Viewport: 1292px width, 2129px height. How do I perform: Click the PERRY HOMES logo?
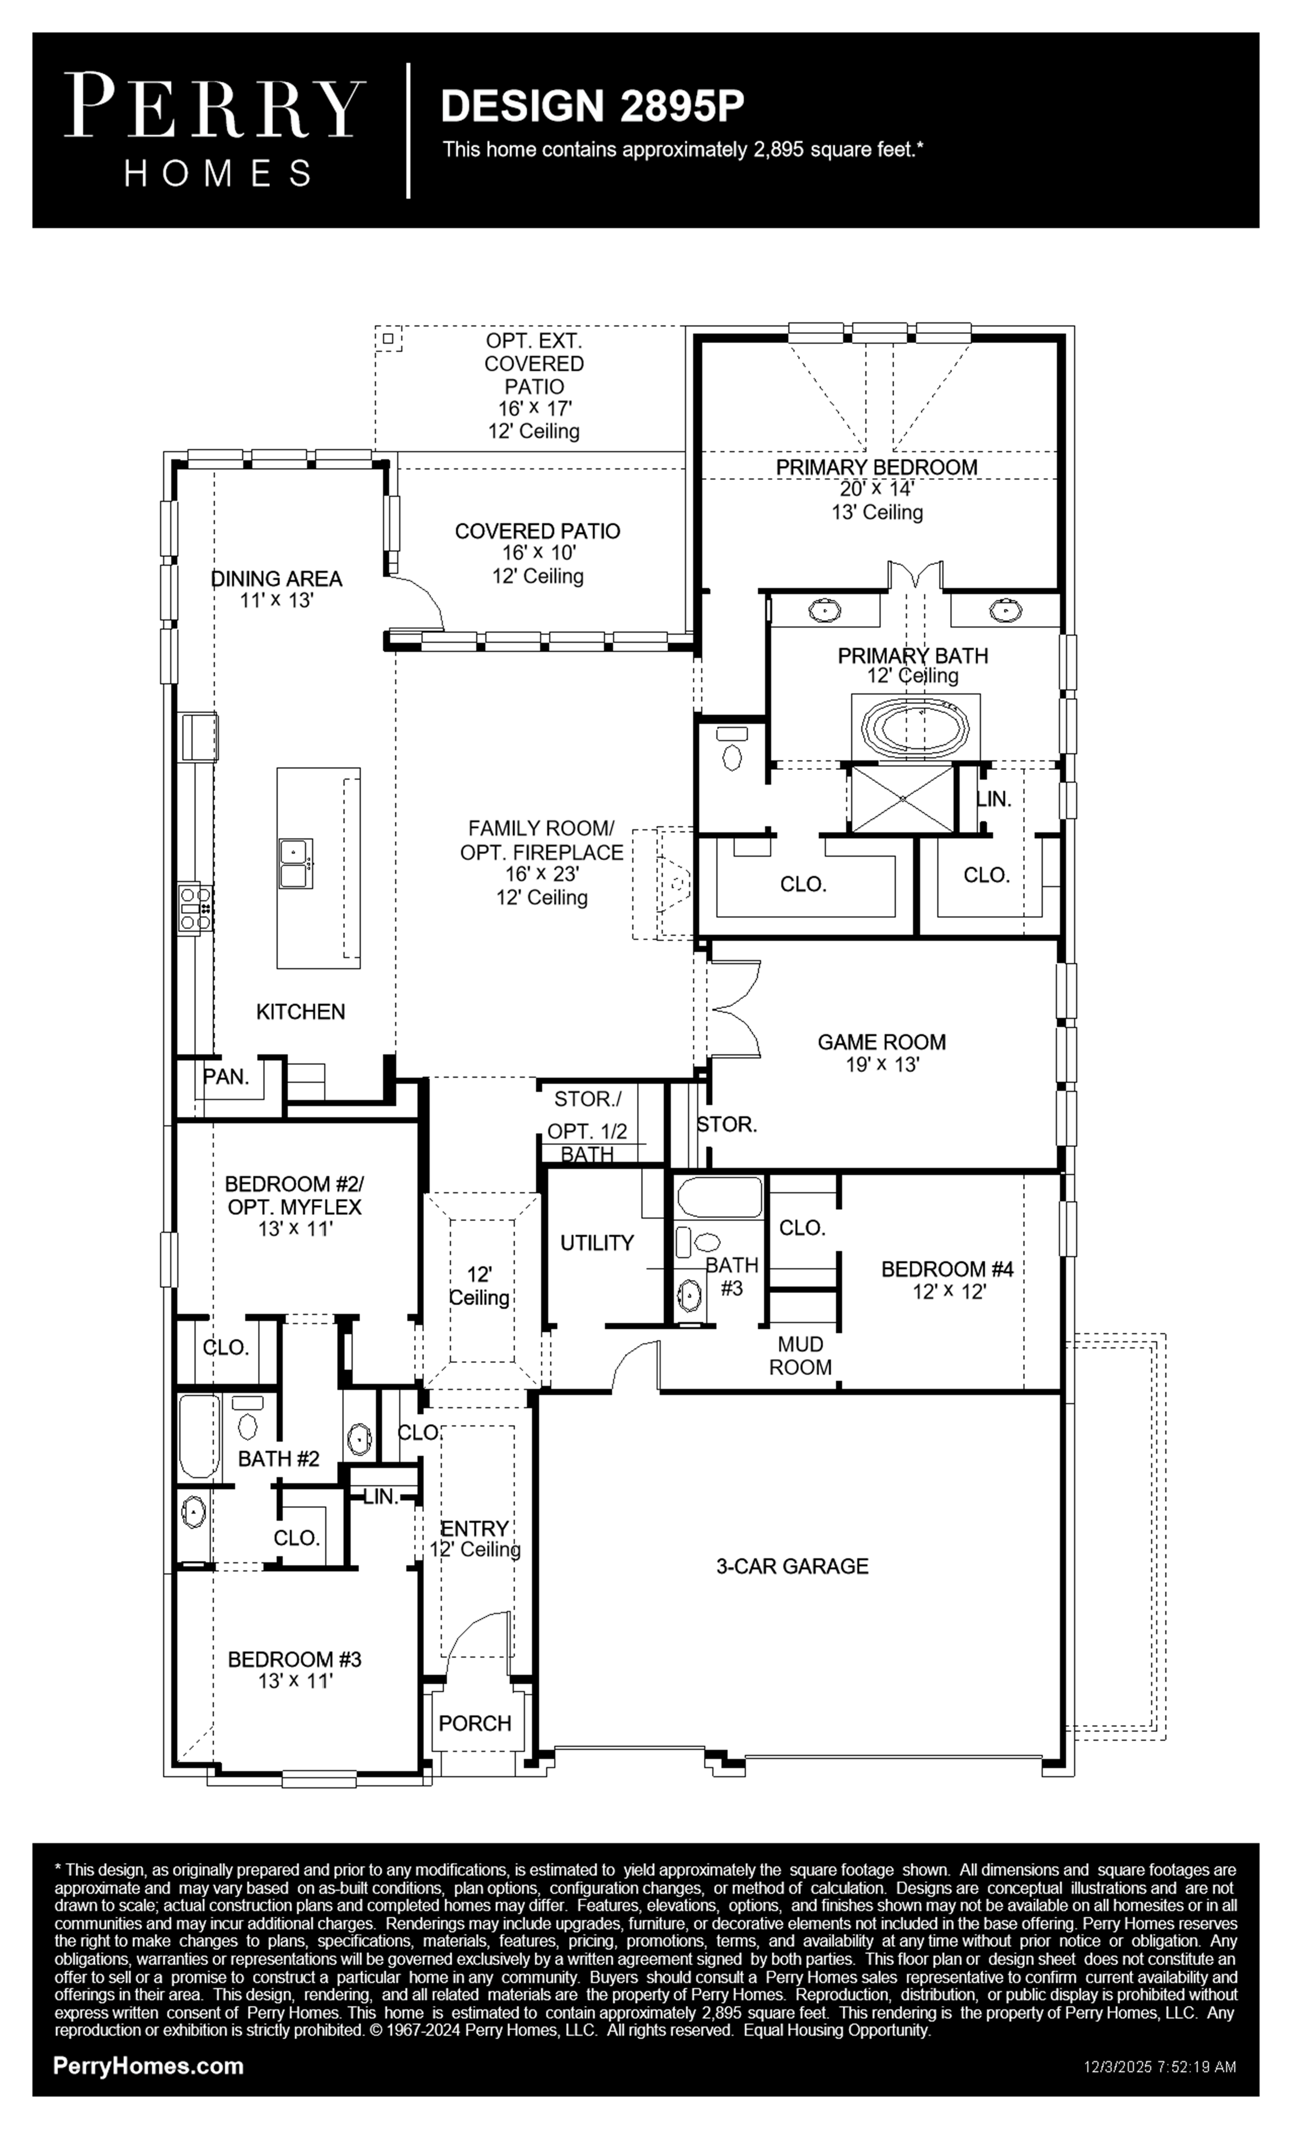[x=215, y=130]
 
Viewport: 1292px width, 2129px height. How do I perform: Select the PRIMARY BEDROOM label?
[x=877, y=466]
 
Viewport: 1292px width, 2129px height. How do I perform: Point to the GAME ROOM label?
[x=882, y=1042]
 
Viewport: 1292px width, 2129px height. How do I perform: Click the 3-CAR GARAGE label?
[x=792, y=1566]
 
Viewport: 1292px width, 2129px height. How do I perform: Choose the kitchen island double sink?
[x=295, y=863]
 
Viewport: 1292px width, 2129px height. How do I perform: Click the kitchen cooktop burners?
[x=195, y=908]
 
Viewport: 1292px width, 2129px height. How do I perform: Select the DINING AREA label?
[x=276, y=579]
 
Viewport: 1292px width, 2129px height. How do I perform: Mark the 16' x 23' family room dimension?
[x=542, y=874]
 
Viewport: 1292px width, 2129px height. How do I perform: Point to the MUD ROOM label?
[x=801, y=1355]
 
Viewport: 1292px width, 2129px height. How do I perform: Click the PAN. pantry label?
[x=226, y=1077]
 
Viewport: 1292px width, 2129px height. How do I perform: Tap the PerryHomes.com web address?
[x=148, y=2066]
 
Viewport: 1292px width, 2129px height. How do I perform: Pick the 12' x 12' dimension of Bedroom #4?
[x=949, y=1292]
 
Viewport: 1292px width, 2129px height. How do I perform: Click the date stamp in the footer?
[x=1160, y=2068]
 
